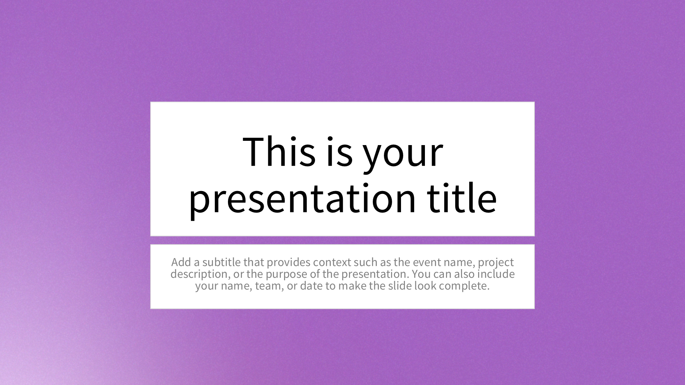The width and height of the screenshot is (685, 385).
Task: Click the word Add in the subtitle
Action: click(x=181, y=262)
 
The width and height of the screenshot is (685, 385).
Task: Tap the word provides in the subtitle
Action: click(x=289, y=263)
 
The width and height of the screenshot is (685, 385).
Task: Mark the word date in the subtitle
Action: click(x=311, y=286)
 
